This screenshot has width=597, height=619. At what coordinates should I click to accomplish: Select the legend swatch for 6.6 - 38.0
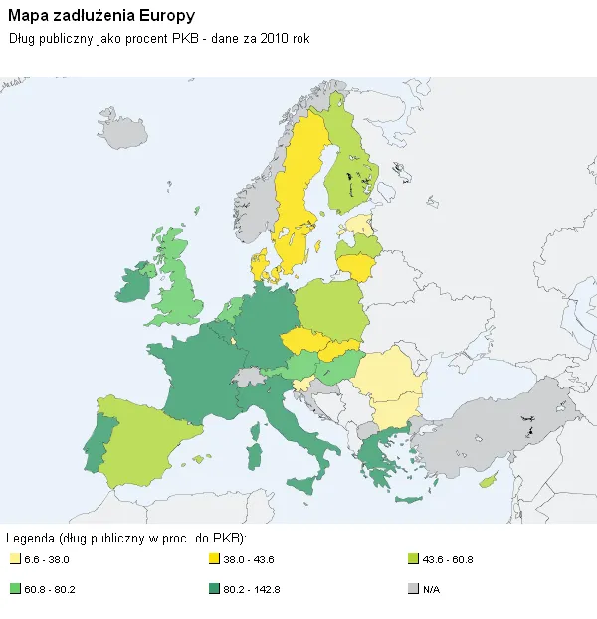pos(14,559)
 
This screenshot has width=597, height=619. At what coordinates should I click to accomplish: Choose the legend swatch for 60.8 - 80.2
pos(14,589)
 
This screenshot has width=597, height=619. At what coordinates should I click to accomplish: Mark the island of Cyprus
pos(489,481)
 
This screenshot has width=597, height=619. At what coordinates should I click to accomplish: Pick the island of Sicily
pos(299,484)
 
